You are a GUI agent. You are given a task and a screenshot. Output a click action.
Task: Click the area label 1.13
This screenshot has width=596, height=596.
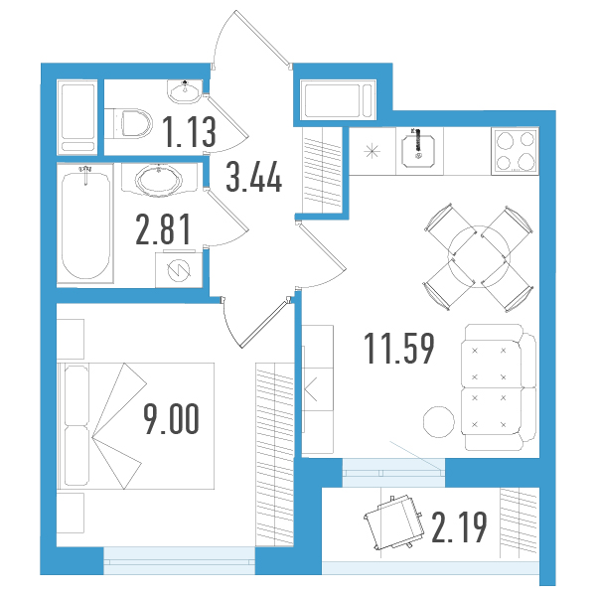click(191, 132)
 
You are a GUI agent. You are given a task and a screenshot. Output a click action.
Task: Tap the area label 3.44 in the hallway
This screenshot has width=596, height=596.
click(254, 177)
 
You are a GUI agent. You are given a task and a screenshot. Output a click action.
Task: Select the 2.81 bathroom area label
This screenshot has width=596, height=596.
click(163, 229)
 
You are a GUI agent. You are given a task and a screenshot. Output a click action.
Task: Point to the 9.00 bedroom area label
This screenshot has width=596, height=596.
click(171, 419)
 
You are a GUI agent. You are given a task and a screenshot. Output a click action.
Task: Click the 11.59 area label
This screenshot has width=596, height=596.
click(399, 349)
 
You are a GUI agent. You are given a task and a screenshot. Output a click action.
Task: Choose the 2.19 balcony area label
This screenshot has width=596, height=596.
click(459, 527)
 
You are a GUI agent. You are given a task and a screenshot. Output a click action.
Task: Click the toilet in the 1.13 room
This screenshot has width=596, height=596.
click(129, 123)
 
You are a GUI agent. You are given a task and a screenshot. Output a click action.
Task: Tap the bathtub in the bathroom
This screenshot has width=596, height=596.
click(85, 224)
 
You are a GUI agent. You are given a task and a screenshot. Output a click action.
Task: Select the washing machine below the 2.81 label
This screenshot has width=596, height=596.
click(179, 269)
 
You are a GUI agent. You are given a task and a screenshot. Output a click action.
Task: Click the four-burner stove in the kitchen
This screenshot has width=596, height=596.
click(515, 151)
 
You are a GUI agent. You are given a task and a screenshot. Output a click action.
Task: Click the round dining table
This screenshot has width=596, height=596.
click(479, 256)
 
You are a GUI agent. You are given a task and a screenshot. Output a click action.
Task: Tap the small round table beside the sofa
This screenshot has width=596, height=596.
click(439, 421)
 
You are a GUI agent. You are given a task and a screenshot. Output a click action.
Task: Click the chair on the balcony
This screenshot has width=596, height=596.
click(394, 521)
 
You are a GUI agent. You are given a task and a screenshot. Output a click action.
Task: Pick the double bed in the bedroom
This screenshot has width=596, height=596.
click(136, 426)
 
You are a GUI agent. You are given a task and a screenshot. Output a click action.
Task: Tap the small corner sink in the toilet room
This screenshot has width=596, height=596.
click(185, 91)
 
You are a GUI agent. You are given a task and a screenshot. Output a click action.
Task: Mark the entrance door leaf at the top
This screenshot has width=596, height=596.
click(262, 39)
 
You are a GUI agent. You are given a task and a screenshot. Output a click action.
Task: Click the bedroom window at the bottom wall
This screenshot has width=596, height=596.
click(179, 560)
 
